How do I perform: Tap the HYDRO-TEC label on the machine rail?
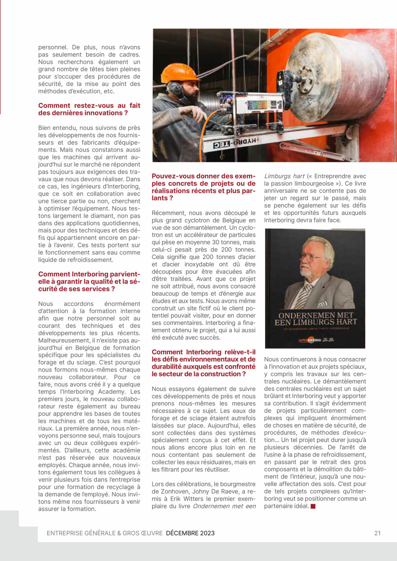tap(235, 143)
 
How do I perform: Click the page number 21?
tap(377, 533)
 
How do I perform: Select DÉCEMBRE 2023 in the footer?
tap(190, 533)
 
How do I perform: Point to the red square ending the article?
tap(313, 506)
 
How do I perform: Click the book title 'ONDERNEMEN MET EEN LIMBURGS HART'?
tap(316, 319)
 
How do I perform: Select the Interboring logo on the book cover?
tap(310, 340)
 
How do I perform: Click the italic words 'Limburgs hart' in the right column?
tap(284, 176)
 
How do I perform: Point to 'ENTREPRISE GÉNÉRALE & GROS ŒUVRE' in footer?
tap(105, 533)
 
